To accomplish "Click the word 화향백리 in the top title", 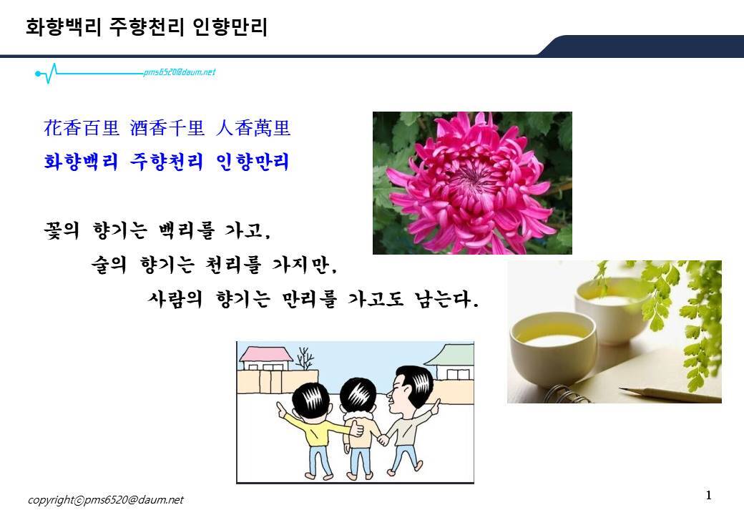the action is click(x=64, y=27).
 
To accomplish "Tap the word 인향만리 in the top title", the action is click(x=230, y=27).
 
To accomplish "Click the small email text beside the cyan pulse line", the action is click(x=180, y=72).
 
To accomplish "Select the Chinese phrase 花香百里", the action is click(x=81, y=128).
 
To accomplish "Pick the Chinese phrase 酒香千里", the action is click(x=167, y=128).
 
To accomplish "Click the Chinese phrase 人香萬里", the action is click(x=253, y=128).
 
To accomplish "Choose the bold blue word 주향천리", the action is click(x=167, y=162).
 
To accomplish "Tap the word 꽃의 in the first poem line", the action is click(x=62, y=230).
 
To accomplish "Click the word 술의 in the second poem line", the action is click(x=109, y=265).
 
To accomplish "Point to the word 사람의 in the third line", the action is click(x=175, y=299).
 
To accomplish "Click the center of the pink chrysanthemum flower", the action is click(x=471, y=180).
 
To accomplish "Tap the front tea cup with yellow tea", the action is click(x=553, y=346).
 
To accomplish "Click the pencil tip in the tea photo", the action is click(x=621, y=389).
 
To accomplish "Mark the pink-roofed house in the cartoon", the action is click(x=265, y=358).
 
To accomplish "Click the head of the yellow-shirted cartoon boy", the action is click(x=310, y=401).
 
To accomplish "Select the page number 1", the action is click(x=709, y=496).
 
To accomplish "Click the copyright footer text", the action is click(x=105, y=500).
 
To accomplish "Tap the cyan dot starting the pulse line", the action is click(x=37, y=74).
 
